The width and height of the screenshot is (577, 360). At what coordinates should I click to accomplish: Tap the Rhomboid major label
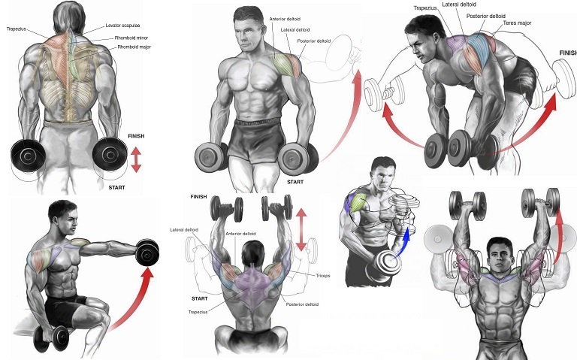click(x=134, y=47)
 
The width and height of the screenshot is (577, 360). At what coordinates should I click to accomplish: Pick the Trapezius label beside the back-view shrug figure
click(x=17, y=29)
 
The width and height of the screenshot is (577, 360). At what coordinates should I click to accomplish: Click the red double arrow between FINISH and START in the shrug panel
click(x=136, y=160)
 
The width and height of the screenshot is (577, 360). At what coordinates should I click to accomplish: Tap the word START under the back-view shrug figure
click(x=116, y=187)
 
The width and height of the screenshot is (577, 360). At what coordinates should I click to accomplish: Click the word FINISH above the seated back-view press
click(x=198, y=196)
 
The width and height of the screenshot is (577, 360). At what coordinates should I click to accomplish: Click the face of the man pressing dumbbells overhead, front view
click(x=498, y=251)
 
